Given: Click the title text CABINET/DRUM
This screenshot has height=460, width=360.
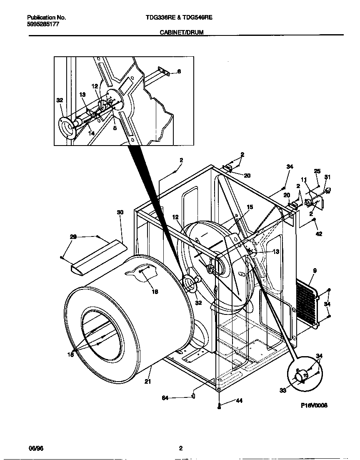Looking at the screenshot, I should [182, 32].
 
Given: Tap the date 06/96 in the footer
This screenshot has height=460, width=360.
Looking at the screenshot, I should [36, 448].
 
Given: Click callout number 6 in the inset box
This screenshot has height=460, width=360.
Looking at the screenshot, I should [179, 72].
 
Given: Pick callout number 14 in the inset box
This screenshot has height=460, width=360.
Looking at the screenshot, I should [91, 133].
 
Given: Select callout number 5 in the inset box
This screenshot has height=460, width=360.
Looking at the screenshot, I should [115, 128].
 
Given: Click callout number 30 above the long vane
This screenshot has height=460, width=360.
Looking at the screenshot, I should [120, 212].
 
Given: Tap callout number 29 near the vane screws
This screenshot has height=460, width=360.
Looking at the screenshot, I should [73, 237].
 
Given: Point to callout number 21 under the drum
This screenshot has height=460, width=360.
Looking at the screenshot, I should [147, 381].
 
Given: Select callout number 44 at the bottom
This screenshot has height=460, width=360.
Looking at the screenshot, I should [239, 401].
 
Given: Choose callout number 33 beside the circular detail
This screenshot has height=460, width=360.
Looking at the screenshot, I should [283, 390].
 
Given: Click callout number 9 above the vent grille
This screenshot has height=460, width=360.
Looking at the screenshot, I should [315, 271].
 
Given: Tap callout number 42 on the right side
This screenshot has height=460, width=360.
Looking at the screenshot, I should [319, 234].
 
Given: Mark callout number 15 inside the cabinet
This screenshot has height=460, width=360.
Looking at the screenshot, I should [250, 207].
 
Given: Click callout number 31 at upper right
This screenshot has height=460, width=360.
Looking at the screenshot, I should [327, 177].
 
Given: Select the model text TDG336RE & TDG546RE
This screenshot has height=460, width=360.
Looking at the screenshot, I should [180, 18].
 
